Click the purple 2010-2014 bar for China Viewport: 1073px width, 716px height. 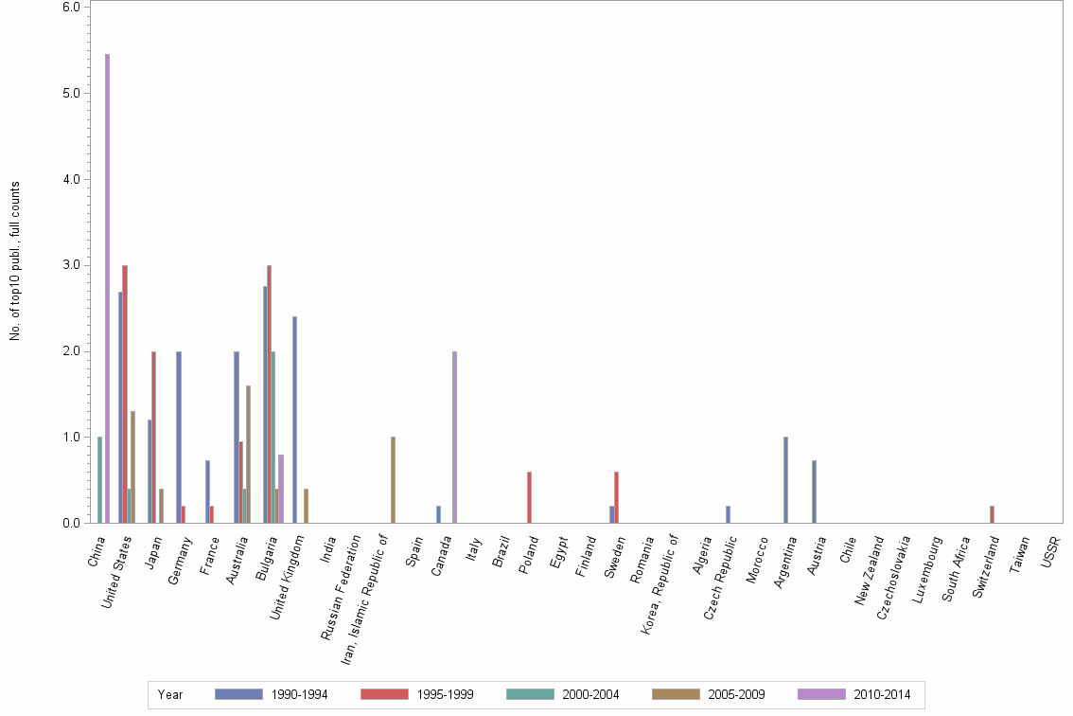[x=107, y=289]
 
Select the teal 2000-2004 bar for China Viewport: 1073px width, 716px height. [x=99, y=480]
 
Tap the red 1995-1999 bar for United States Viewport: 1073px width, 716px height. [x=125, y=394]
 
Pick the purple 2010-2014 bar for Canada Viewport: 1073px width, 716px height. [x=455, y=438]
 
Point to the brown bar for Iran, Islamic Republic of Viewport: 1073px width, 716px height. [x=393, y=480]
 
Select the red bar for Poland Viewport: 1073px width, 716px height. [x=529, y=497]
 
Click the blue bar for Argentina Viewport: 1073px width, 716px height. [x=785, y=480]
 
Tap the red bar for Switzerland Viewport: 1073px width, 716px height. [x=992, y=514]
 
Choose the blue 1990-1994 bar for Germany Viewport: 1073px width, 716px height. [x=179, y=438]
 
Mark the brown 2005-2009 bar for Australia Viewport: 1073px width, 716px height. [x=248, y=455]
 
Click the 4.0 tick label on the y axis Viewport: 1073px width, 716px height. [x=70, y=179]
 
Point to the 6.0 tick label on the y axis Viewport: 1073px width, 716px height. [x=70, y=7]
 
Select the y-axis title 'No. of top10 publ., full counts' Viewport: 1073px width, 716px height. [x=15, y=260]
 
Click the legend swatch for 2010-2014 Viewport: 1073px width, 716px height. [x=822, y=694]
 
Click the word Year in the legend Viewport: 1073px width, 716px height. [x=170, y=694]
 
